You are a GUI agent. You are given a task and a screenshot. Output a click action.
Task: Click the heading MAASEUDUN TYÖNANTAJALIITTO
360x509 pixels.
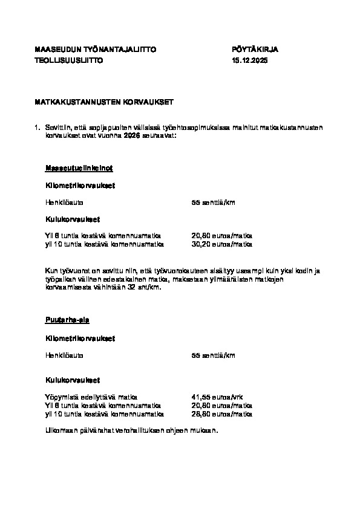(x=95, y=50)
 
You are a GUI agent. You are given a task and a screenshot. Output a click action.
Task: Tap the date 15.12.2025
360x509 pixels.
(x=249, y=61)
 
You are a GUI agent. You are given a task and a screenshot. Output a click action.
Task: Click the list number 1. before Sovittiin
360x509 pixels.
(x=38, y=128)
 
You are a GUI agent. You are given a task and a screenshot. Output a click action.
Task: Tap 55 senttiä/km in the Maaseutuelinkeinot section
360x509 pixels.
(x=213, y=202)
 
